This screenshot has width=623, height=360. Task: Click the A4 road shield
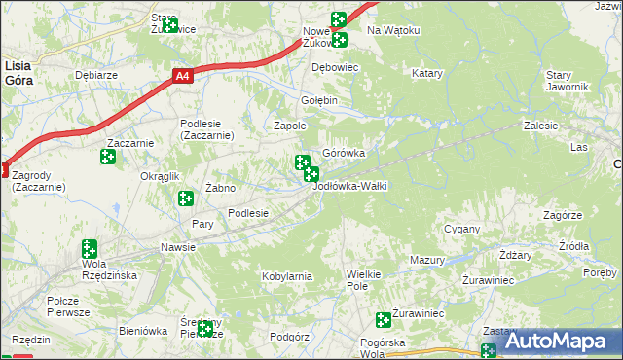pos(183,74)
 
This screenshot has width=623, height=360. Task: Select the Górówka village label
pos(344,153)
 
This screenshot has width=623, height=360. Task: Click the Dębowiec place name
pos(335,66)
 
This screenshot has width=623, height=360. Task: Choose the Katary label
pos(426,74)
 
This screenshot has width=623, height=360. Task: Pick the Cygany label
pos(462,229)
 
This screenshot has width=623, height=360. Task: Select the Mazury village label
pos(426,261)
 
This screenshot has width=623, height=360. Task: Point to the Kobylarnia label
pos(286,276)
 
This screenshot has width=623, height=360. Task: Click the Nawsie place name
pos(178,247)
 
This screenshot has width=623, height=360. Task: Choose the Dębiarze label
pos(96,74)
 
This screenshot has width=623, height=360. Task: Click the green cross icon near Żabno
pos(184,198)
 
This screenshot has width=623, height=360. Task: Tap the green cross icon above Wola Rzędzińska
pos(90,248)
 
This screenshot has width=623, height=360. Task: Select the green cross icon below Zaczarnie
pos(107,157)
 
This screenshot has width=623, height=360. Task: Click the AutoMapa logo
pos(554,341)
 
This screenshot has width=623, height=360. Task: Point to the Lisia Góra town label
pos(18,72)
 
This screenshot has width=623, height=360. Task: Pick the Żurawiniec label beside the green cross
pos(418,314)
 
